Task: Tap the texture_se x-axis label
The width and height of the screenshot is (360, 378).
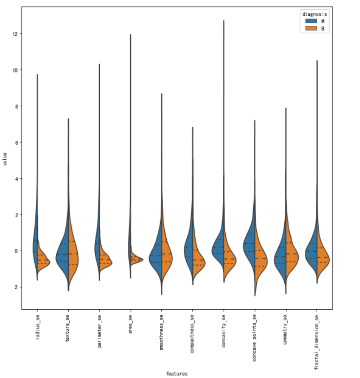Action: (x=68, y=328)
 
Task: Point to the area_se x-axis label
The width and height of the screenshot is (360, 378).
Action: (x=131, y=324)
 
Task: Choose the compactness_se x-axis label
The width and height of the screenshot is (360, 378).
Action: (x=192, y=333)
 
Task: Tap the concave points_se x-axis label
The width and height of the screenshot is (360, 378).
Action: (x=255, y=337)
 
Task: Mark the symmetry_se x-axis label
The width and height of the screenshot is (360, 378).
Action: (x=286, y=329)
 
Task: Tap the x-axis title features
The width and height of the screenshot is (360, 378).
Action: (x=177, y=373)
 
